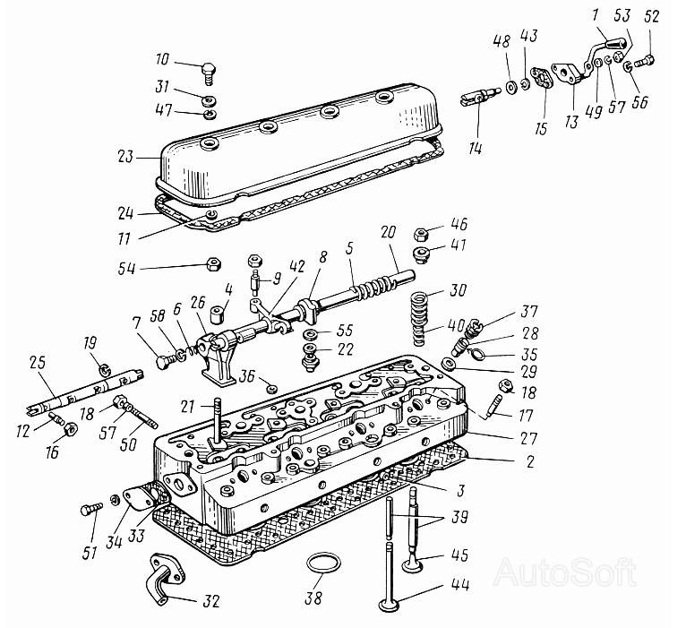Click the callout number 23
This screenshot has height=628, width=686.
[124, 156]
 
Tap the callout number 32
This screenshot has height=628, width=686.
[210, 601]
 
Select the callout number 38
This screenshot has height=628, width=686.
[313, 598]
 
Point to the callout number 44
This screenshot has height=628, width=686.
[459, 585]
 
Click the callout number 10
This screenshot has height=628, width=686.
[162, 58]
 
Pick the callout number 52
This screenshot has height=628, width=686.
[651, 17]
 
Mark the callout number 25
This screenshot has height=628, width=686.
[38, 362]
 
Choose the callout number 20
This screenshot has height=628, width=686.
[388, 231]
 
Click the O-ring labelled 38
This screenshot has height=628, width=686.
[323, 563]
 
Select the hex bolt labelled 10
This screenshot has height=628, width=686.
[210, 73]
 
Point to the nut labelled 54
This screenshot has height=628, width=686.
[213, 264]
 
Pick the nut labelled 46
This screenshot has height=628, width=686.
[420, 234]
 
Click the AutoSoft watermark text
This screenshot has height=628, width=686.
[565, 572]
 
